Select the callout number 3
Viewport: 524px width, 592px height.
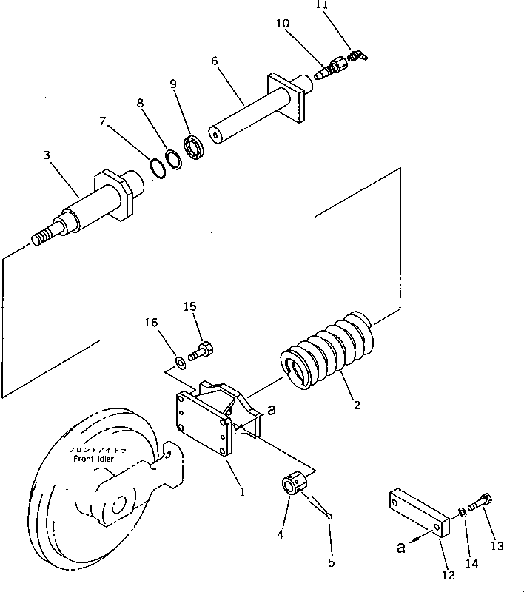click(46, 156)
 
